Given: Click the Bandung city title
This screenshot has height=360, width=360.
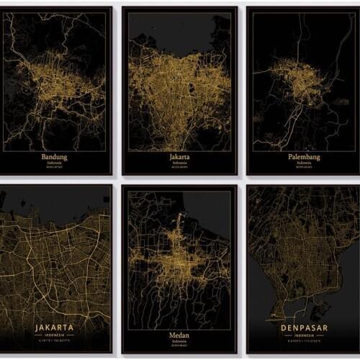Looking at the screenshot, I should (x=55, y=156).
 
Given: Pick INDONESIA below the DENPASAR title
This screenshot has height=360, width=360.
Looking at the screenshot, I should (x=302, y=337).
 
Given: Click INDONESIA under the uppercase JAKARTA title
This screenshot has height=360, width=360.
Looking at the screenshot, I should (x=55, y=336).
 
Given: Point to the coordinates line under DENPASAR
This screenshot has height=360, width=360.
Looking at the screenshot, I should (x=302, y=343).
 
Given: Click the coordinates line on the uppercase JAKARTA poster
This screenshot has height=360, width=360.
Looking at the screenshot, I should (x=55, y=342).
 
